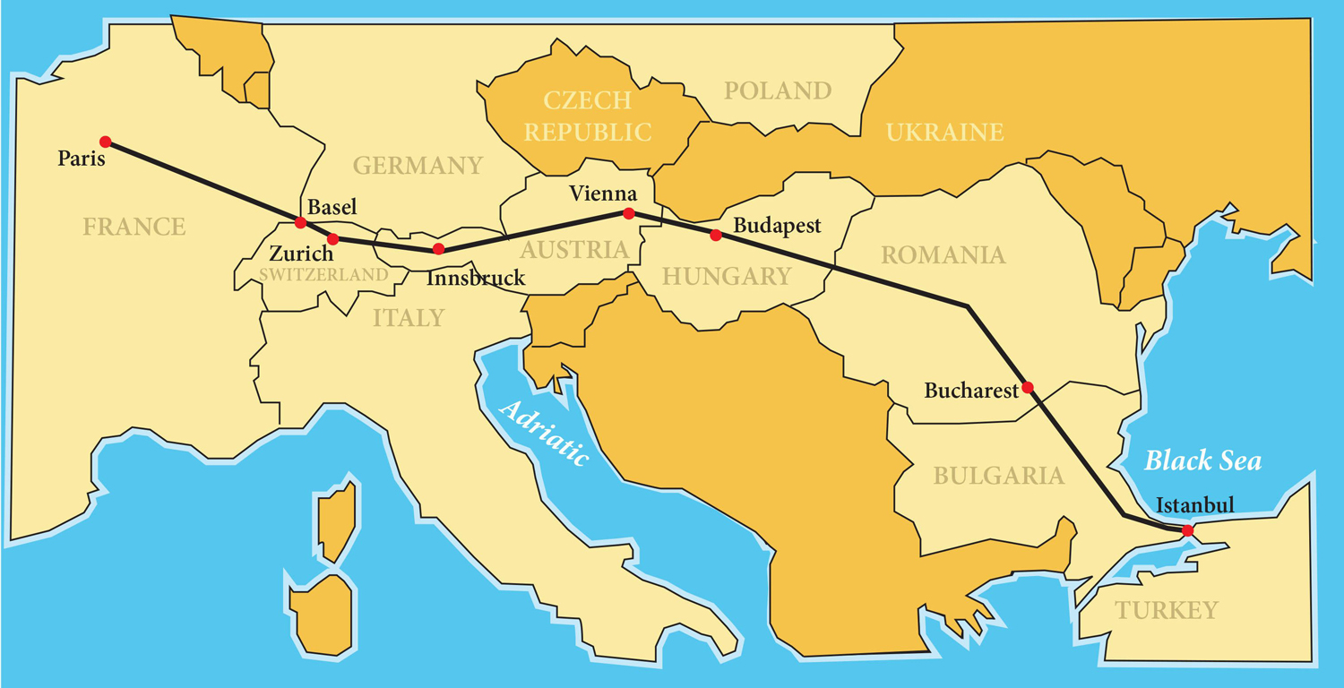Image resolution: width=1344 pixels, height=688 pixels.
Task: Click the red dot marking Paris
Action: coord(106,142)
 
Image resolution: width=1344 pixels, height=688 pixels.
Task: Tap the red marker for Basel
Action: coord(301,222)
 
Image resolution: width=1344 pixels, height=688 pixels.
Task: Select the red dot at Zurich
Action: coord(332,239)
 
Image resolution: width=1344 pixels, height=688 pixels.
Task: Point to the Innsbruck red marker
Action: coord(438,249)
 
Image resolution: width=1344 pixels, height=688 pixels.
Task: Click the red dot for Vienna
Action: coord(629,213)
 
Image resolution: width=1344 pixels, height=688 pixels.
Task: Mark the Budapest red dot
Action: coord(715,236)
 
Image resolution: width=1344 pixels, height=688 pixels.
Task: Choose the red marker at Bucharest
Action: coord(1028,388)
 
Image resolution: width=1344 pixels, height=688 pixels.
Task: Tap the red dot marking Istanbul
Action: coord(1187,531)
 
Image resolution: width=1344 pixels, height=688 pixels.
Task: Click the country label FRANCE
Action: coord(134,227)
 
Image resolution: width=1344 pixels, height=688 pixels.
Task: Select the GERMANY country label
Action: coord(418,166)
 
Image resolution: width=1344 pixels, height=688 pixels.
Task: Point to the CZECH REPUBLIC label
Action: coord(588,116)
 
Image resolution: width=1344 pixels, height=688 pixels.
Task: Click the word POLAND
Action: coord(778,90)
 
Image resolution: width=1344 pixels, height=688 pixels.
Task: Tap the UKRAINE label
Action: coord(944,133)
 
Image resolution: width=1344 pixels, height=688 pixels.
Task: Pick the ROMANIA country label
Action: coord(943,255)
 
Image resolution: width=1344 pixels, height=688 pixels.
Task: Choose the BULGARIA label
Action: coord(999,476)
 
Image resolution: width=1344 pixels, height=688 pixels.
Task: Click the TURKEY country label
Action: coord(1167,611)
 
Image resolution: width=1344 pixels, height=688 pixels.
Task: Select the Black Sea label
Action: coord(1203,461)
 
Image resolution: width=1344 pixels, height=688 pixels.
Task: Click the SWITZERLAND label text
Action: coord(324,274)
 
